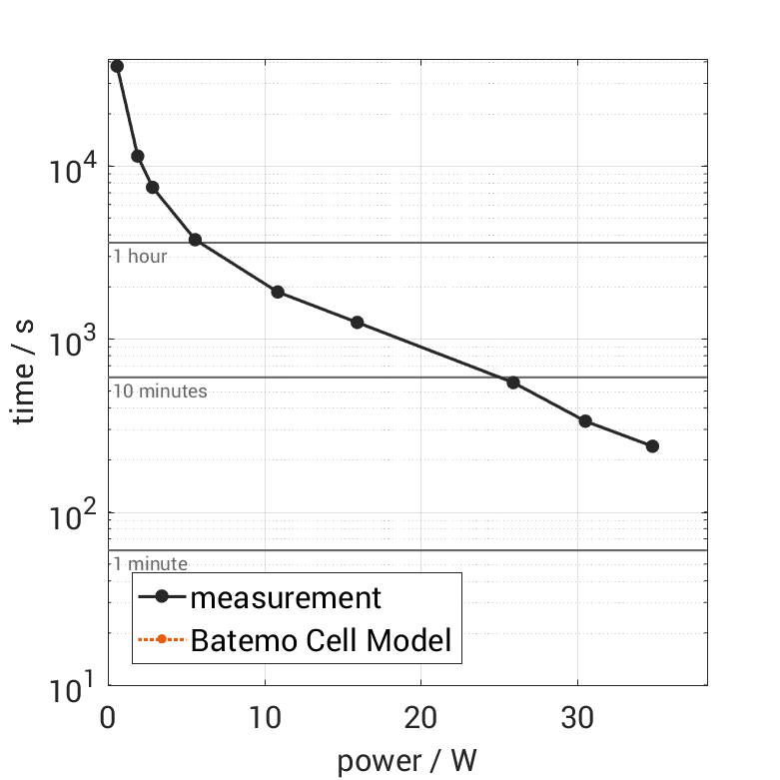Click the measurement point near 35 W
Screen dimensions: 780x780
pyautogui.click(x=652, y=446)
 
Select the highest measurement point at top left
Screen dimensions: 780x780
pyautogui.click(x=117, y=66)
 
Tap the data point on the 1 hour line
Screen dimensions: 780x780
pyautogui.click(x=195, y=240)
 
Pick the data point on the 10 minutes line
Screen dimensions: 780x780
pyautogui.click(x=513, y=383)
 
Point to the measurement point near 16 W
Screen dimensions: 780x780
pyautogui.click(x=357, y=323)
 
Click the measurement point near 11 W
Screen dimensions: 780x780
pyautogui.click(x=278, y=292)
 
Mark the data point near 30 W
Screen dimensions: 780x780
pyautogui.click(x=585, y=421)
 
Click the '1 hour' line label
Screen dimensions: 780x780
pyautogui.click(x=140, y=257)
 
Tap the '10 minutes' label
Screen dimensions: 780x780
pyautogui.click(x=160, y=391)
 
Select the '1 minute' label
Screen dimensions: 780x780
pyautogui.click(x=150, y=564)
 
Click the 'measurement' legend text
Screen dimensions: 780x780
pyautogui.click(x=286, y=597)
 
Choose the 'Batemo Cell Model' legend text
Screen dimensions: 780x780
pyautogui.click(x=321, y=639)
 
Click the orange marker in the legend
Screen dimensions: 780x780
pyautogui.click(x=161, y=639)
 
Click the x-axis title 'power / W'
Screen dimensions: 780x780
pyautogui.click(x=406, y=760)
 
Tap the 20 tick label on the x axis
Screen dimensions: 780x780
pyautogui.click(x=420, y=717)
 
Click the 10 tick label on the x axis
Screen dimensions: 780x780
pyautogui.click(x=265, y=717)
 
